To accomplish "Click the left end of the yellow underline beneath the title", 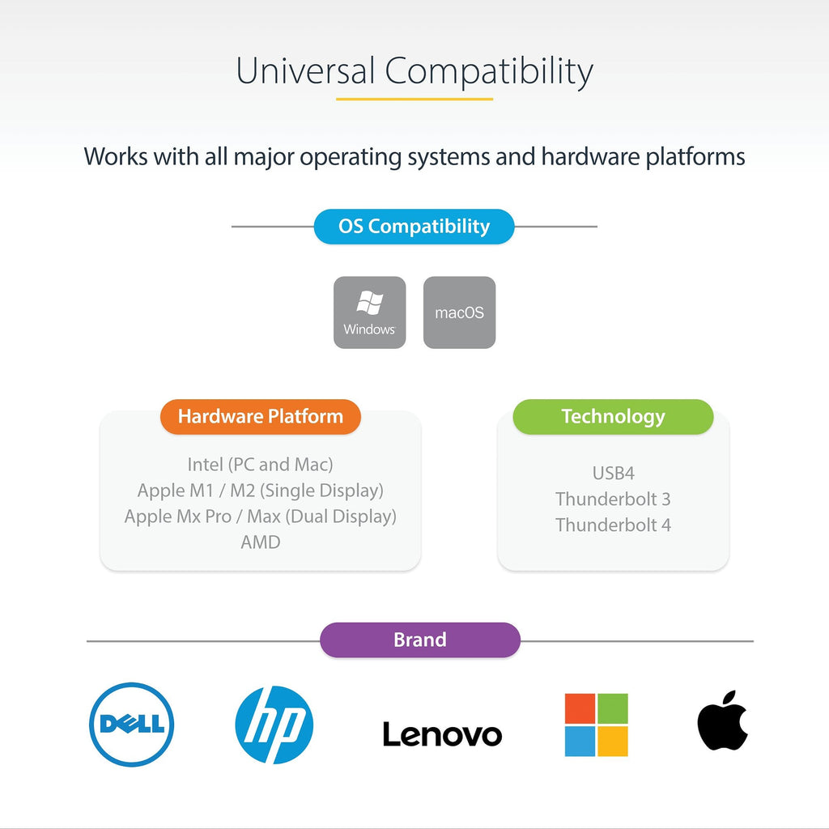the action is [x=336, y=99].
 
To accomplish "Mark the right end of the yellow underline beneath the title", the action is [x=493, y=99].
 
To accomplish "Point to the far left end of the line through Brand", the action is [x=87, y=641].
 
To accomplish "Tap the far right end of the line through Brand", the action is [x=754, y=641].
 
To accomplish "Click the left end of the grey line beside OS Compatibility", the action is [x=232, y=227].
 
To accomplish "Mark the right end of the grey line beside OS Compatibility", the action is [x=597, y=227].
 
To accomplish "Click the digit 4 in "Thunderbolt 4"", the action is [x=666, y=525].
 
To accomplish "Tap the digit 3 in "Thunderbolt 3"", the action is [x=666, y=499].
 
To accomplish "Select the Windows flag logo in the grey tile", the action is [x=369, y=303].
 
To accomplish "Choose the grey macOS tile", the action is [x=460, y=312].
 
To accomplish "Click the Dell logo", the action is [x=132, y=725].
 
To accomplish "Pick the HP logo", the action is [x=274, y=725].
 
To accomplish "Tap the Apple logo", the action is [x=722, y=720].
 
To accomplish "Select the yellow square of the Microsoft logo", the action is [x=612, y=742].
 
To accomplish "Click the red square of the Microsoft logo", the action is [x=580, y=708].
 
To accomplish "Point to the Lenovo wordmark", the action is [x=442, y=734].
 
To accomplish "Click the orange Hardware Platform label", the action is [x=261, y=417].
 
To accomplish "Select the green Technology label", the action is [x=614, y=417].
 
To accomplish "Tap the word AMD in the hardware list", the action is [x=261, y=542].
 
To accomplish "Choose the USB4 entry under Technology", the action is [x=614, y=473].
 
